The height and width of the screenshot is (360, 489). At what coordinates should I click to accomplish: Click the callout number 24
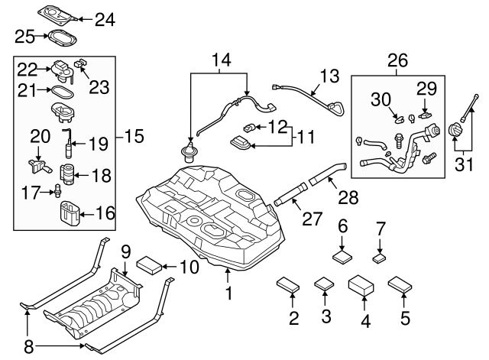[104, 18]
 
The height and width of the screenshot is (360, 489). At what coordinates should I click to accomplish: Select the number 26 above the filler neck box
[398, 60]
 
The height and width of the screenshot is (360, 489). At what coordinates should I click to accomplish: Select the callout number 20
[40, 137]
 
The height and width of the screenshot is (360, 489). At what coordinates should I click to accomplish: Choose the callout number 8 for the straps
[29, 346]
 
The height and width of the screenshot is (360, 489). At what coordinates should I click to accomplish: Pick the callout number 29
[426, 86]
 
